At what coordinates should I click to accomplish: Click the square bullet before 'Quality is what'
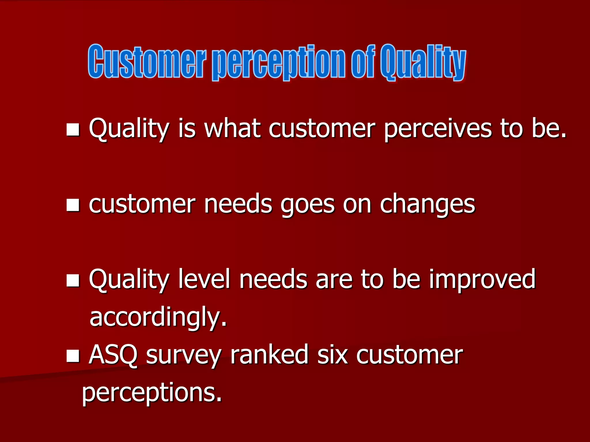(x=73, y=129)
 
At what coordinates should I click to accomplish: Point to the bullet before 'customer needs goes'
(x=73, y=205)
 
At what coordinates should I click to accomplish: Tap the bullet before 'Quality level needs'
(x=73, y=281)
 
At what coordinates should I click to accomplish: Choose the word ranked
(x=269, y=355)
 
